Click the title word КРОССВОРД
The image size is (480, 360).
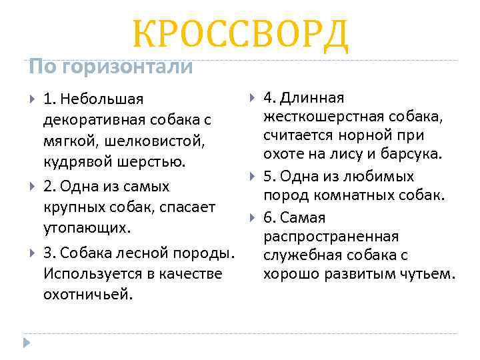(x=240, y=34)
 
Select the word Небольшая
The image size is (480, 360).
(x=101, y=99)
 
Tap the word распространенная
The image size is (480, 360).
(x=331, y=237)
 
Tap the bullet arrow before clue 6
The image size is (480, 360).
(x=253, y=217)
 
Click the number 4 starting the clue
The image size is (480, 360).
(x=267, y=99)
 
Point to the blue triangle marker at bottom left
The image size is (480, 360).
(x=27, y=343)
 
